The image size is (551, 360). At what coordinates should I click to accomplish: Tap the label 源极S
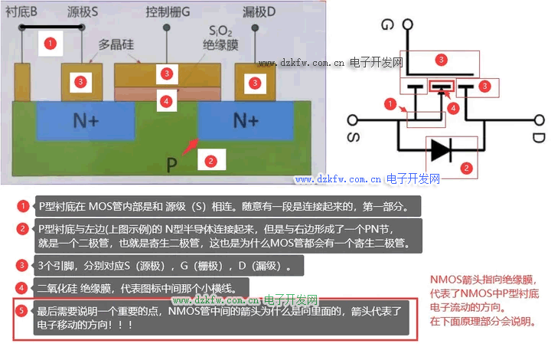(83, 13)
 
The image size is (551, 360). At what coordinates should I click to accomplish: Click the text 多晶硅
(116, 45)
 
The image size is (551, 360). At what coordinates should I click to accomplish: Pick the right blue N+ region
(244, 120)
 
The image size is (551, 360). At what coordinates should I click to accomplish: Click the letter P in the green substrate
(174, 163)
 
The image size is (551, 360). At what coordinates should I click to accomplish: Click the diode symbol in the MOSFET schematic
(442, 149)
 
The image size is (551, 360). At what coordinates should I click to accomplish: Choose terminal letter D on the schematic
(539, 139)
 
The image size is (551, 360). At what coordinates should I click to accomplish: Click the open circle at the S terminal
(353, 119)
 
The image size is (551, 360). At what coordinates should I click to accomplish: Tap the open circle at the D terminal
(539, 119)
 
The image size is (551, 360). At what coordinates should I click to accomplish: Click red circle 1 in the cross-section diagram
(51, 43)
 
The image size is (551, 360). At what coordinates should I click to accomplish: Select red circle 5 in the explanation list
(23, 310)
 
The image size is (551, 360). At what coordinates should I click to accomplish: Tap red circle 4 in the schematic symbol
(454, 108)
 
